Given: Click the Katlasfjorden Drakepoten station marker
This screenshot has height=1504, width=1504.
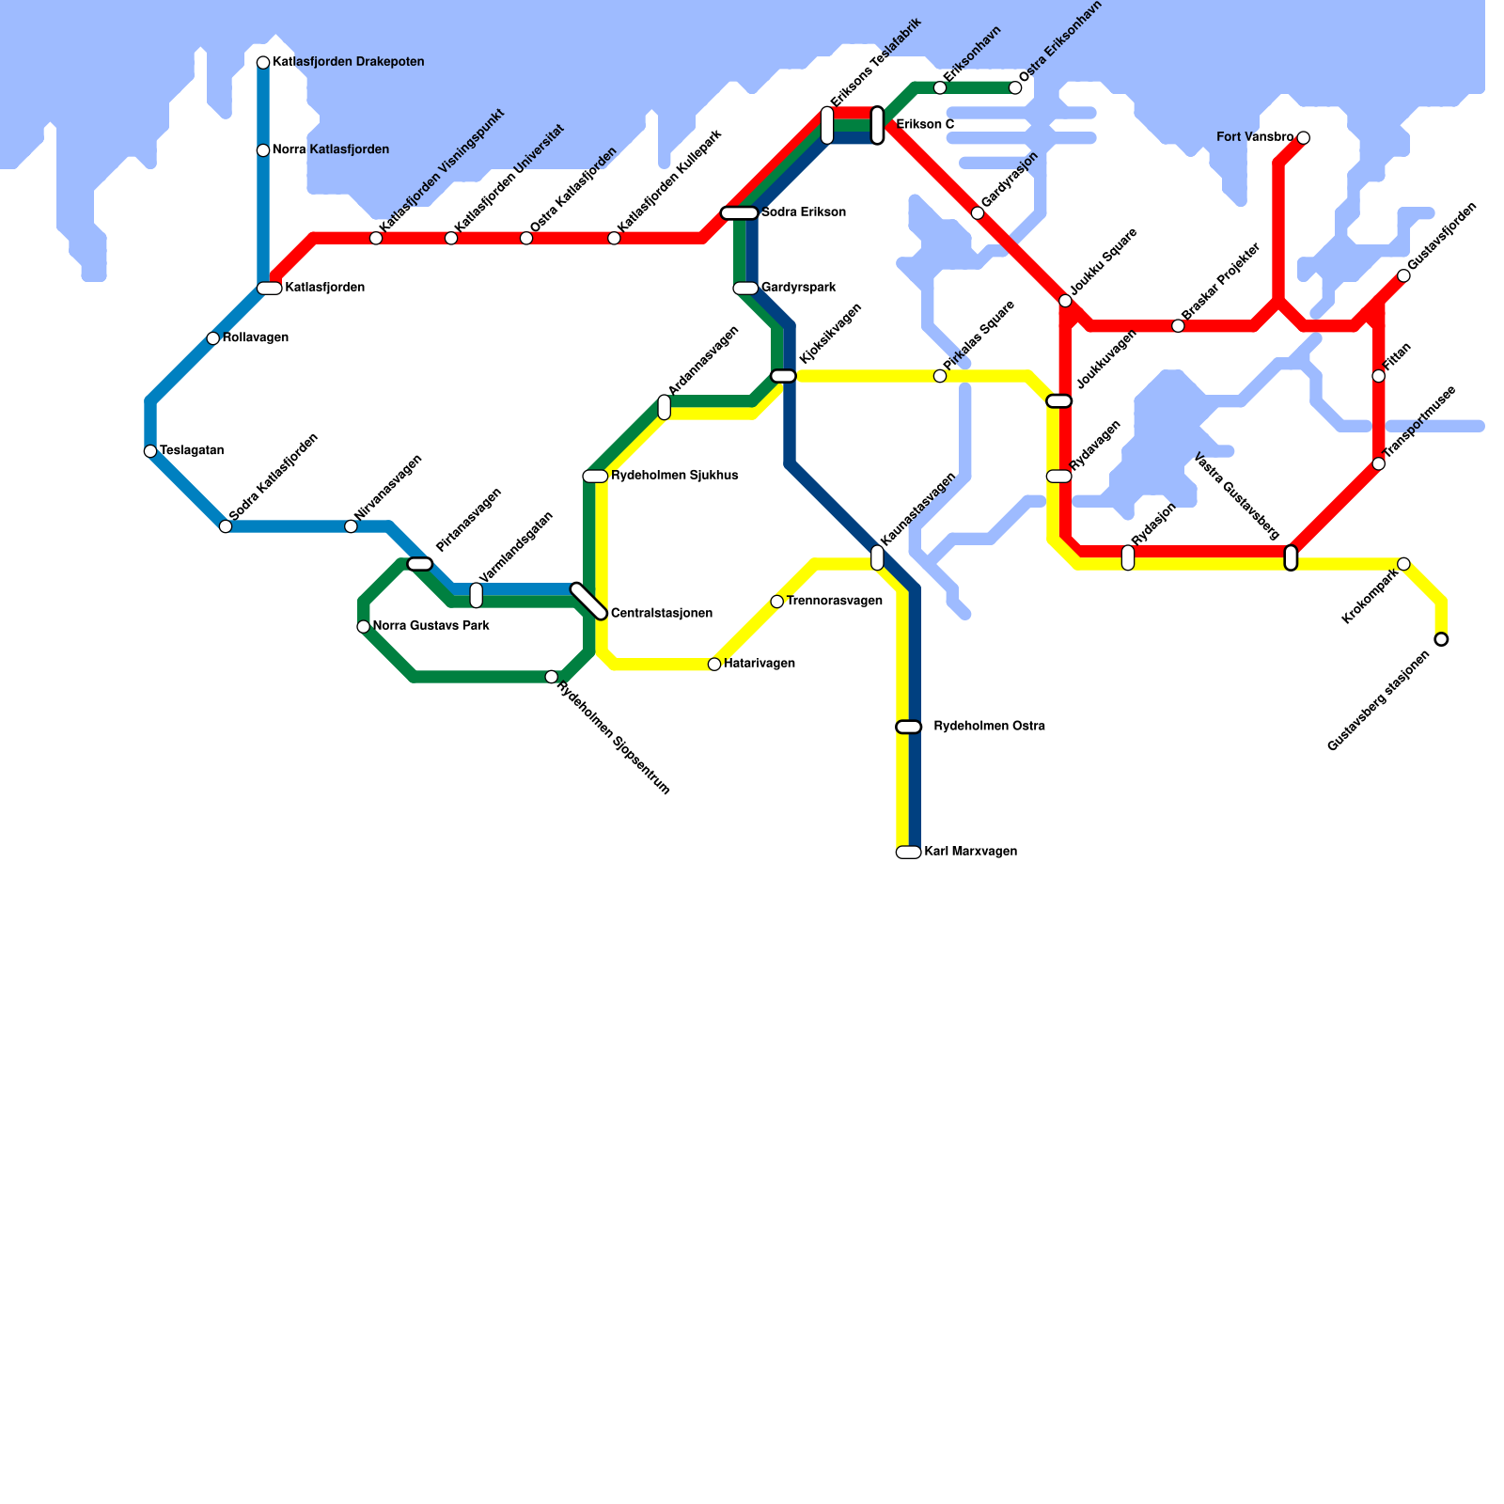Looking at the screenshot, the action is tap(263, 63).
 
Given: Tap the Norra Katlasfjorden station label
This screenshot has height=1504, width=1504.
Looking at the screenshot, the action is tap(330, 149).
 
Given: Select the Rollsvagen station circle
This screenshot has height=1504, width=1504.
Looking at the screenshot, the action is tap(213, 338).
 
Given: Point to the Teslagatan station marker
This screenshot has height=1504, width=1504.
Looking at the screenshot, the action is tap(150, 451).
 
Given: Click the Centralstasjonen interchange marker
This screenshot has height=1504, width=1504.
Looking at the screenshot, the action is tap(589, 602).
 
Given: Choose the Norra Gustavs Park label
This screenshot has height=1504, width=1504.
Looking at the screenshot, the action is tap(431, 626).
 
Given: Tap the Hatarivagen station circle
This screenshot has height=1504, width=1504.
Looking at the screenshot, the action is tap(714, 665).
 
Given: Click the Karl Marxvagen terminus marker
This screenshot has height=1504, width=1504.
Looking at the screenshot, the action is tap(908, 853).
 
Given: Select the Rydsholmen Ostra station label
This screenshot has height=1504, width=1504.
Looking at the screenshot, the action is tap(989, 727).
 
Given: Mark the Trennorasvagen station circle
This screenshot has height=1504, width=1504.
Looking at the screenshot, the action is tap(777, 602).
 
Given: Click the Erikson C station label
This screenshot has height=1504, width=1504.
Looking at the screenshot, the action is tap(925, 125).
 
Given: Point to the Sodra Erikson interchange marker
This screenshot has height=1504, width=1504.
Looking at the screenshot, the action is tap(740, 213).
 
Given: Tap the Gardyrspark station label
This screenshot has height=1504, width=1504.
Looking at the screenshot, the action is tap(798, 288).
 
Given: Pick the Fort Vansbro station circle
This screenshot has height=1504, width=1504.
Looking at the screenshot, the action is tap(1303, 138).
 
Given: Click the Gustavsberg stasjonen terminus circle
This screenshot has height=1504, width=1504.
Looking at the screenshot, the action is tap(1441, 639).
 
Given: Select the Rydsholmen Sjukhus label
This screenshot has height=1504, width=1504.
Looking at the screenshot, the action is tap(674, 476).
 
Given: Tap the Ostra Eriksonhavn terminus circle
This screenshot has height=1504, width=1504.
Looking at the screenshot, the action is tap(1015, 88).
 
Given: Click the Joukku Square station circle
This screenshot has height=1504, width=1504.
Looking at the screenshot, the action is tap(1065, 301).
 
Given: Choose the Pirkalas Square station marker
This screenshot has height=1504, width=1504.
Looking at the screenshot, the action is tap(940, 376).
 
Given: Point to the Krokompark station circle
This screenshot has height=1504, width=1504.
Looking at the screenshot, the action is tap(1403, 564).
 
